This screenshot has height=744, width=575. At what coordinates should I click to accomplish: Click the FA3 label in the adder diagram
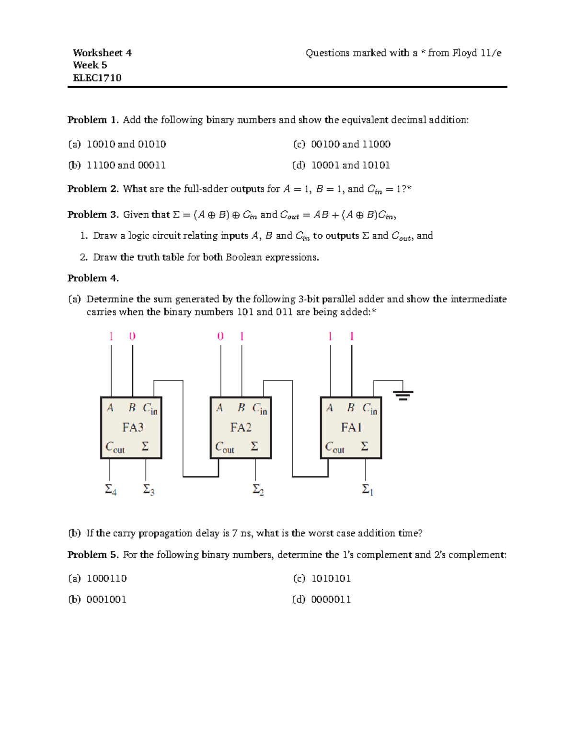pyautogui.click(x=133, y=427)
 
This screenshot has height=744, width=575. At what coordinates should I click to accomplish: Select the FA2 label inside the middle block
pyautogui.click(x=241, y=427)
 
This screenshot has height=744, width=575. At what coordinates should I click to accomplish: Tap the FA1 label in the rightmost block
pyautogui.click(x=351, y=427)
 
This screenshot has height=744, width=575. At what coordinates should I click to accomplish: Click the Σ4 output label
pyautogui.click(x=111, y=490)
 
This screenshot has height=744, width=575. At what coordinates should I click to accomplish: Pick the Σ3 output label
pyautogui.click(x=149, y=490)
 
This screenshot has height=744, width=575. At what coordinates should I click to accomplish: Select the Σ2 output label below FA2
pyautogui.click(x=258, y=490)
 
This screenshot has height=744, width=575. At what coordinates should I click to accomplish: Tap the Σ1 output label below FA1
pyautogui.click(x=368, y=490)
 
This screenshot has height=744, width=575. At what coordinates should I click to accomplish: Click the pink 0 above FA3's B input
pyautogui.click(x=132, y=336)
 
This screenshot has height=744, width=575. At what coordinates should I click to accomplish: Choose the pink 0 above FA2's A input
pyautogui.click(x=220, y=336)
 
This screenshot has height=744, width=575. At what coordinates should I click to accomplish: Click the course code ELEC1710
pyautogui.click(x=97, y=78)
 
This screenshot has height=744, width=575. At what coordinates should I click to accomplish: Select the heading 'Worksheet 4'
pyautogui.click(x=102, y=53)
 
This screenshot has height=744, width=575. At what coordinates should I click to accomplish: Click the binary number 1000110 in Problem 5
pyautogui.click(x=106, y=579)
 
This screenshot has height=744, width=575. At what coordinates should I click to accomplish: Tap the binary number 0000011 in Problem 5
pyautogui.click(x=331, y=599)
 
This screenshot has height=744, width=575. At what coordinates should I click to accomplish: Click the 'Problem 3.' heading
pyautogui.click(x=93, y=215)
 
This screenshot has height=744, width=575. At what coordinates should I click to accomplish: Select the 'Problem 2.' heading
pyautogui.click(x=93, y=189)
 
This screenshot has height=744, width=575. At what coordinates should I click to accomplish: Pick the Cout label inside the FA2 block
pyautogui.click(x=224, y=447)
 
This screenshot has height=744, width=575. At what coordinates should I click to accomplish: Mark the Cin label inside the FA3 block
pyautogui.click(x=150, y=409)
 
